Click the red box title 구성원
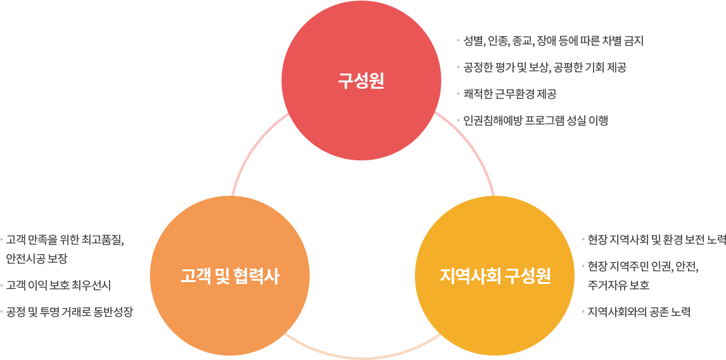coord(361,81)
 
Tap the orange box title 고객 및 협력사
coord(229,276)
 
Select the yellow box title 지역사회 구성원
coord(495,276)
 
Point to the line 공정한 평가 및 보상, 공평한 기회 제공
coord(545,68)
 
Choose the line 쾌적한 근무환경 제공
coord(510,94)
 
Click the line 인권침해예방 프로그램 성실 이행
coord(536,120)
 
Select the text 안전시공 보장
coord(37,259)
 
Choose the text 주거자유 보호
coord(618,285)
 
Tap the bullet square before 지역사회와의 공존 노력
coord(583,311)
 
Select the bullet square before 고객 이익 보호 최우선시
coord(2,284)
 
